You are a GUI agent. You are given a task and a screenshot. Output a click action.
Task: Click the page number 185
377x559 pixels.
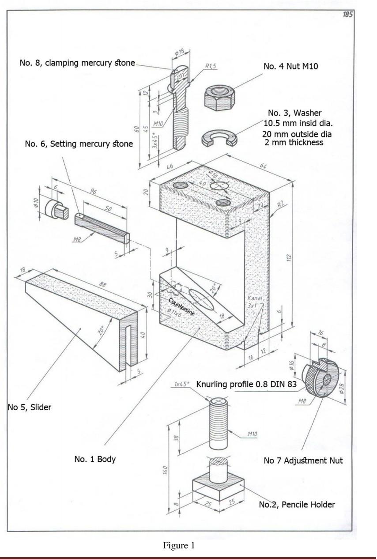tap(347, 15)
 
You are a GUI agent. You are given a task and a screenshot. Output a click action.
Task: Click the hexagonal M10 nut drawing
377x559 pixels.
tap(219, 96)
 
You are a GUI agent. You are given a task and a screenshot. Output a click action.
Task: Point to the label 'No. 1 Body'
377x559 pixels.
tap(94, 459)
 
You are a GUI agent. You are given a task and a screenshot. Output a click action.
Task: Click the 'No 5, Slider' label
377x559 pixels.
tap(29, 407)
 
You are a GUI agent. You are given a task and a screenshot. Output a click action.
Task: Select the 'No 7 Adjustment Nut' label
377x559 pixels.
tap(303, 461)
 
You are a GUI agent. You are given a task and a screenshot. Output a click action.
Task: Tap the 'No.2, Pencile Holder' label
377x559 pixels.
tap(297, 505)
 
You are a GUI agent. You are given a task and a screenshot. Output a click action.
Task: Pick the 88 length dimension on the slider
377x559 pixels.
tap(102, 286)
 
